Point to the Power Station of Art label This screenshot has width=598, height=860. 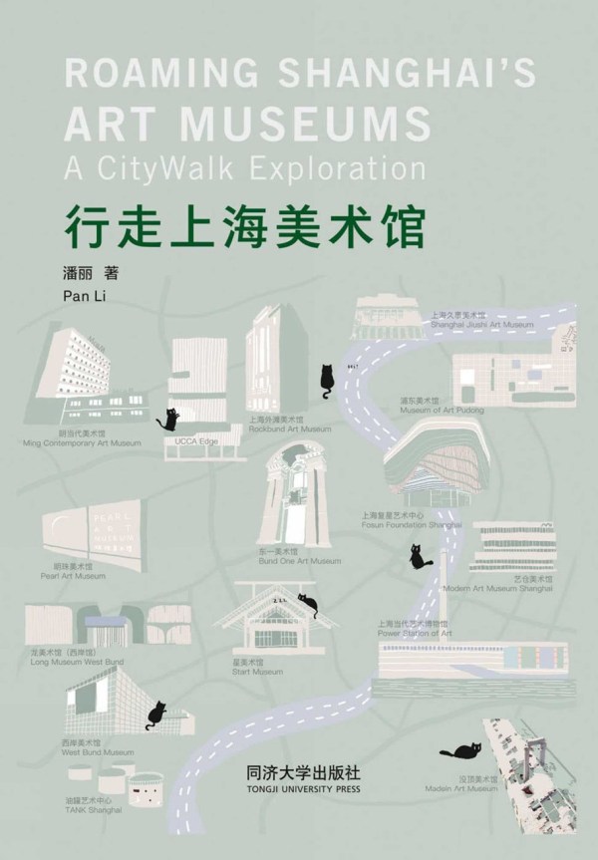(415, 632)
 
